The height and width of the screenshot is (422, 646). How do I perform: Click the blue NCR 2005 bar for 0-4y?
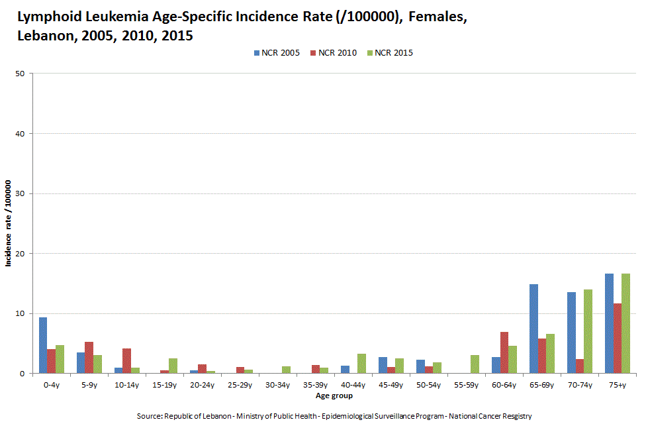(43, 345)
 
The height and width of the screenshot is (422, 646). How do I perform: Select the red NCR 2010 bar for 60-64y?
(504, 352)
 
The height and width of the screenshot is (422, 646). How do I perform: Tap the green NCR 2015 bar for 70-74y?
(588, 331)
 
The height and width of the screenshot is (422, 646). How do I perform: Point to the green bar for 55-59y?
(475, 364)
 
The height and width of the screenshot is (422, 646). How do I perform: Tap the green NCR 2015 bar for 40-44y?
(361, 363)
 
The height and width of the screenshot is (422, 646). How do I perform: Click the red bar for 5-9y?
(89, 357)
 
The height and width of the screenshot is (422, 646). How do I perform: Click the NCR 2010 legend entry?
(333, 53)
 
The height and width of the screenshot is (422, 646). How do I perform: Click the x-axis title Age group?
(334, 396)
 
